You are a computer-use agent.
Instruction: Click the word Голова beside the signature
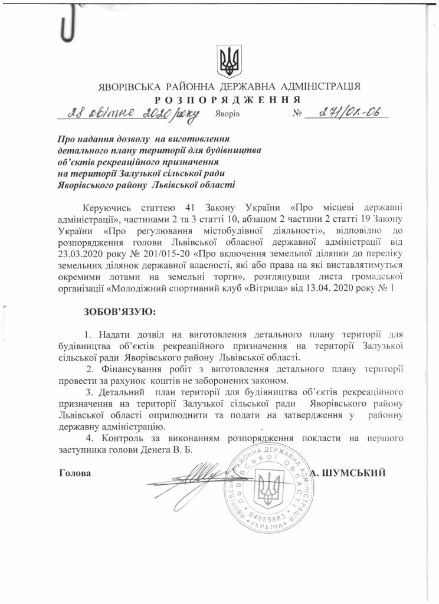tap(75, 472)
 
